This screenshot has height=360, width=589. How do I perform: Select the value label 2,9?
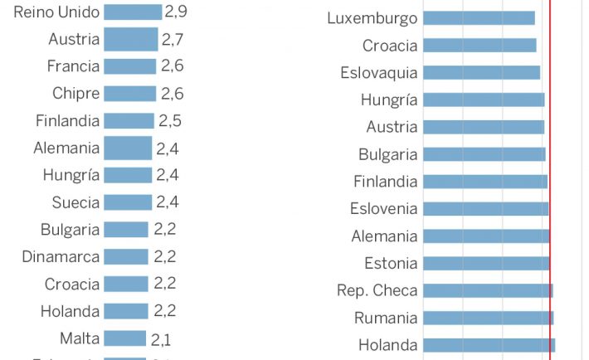coord(176,12)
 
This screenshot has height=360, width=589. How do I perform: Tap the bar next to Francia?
coord(129,66)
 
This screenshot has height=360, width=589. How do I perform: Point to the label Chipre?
coord(75,94)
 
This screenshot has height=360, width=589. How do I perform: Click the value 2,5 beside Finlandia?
coord(170,121)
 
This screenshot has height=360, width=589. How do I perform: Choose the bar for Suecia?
coord(128,202)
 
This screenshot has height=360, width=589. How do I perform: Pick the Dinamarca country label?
coord(61,257)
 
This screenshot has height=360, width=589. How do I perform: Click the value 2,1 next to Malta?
coord(161,338)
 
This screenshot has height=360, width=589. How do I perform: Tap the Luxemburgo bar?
coord(479,18)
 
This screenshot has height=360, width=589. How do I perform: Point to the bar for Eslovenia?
coord(485,209)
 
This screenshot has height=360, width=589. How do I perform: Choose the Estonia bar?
coord(486,264)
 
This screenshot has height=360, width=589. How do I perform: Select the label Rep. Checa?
coord(377,291)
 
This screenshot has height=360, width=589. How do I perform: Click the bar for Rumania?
coord(488,318)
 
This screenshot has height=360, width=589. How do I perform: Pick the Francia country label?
coord(73,66)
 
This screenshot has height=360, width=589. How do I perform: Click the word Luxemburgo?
coord(372,18)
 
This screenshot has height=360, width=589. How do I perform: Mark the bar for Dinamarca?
coord(126,257)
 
